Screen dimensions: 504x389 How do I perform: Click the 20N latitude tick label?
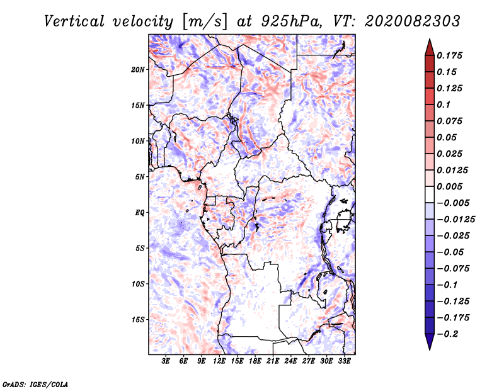click(x=138, y=70)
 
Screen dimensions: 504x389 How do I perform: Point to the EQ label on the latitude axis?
click(x=140, y=213)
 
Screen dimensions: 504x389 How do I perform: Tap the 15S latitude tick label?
click(x=138, y=320)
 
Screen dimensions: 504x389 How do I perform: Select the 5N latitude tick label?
click(x=140, y=177)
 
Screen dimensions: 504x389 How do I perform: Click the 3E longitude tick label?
click(x=166, y=361)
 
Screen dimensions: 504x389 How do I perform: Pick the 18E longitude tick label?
click(x=255, y=361)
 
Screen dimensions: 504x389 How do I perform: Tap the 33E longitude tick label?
click(x=344, y=361)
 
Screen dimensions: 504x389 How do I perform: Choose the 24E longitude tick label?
click(x=290, y=361)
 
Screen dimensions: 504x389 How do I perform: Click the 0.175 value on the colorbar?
click(x=449, y=55)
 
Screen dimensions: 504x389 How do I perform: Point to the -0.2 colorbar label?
click(x=447, y=334)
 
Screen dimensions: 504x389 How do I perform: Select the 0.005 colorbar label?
click(x=449, y=186)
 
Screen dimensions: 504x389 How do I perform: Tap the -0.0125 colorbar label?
click(x=455, y=220)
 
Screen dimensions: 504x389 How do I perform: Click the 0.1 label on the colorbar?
click(x=444, y=104)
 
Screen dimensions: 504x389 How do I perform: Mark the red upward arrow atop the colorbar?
click(x=430, y=48)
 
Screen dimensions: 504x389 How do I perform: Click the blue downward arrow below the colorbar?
click(x=430, y=341)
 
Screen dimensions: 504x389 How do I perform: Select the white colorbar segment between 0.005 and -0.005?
click(x=430, y=194)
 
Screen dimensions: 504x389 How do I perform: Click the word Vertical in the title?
click(x=74, y=21)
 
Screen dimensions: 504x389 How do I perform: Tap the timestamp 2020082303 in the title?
click(x=413, y=21)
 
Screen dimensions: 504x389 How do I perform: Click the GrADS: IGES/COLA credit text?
click(x=35, y=384)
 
